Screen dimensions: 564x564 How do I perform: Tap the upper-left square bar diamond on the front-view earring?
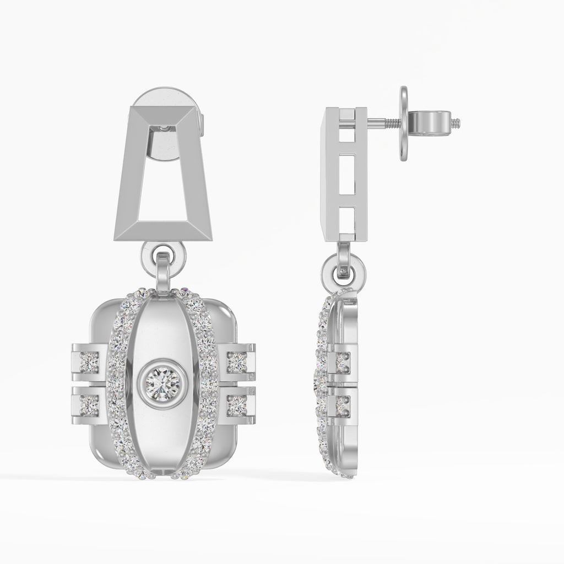(88, 362)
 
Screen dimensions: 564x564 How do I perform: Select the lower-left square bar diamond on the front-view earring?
(88, 405)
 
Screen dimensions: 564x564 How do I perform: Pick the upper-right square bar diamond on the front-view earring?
(237, 362)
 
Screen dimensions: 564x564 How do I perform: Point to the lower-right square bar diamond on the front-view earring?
(237, 405)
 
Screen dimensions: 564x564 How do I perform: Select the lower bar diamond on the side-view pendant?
(343, 405)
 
